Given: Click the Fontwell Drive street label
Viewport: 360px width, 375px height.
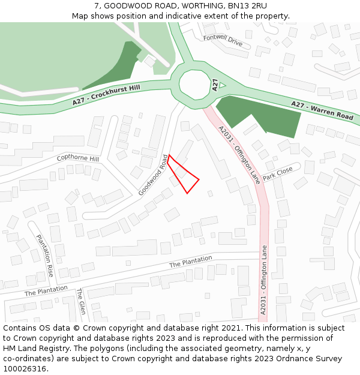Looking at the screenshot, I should (223, 40).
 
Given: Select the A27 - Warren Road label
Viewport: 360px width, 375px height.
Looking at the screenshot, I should (322, 110).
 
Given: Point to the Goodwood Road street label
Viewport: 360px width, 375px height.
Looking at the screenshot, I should (154, 175).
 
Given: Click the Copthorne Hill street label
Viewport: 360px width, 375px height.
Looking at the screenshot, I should (77, 158).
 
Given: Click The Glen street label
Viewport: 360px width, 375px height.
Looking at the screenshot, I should (81, 301).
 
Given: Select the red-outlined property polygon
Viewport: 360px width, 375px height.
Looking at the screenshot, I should (184, 176).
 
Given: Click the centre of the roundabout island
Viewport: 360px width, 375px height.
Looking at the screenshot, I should (195, 84).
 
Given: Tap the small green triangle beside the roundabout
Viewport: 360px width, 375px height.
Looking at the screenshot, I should (222, 85).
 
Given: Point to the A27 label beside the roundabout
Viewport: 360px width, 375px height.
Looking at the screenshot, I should (214, 85).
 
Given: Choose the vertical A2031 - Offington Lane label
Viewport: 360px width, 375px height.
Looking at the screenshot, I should (263, 279).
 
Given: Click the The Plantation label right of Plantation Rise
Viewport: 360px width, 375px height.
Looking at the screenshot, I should (191, 262).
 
